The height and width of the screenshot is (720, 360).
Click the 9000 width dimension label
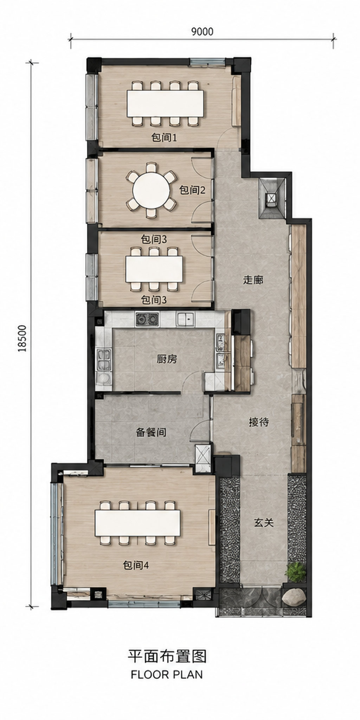click(x=202, y=32)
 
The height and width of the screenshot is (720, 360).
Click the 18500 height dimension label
click(x=22, y=338)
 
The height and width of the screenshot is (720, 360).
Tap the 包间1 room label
click(x=163, y=137)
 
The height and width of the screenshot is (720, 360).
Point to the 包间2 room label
click(x=192, y=190)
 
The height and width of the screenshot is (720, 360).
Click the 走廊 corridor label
click(x=253, y=280)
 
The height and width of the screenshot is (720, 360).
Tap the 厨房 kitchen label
click(x=167, y=359)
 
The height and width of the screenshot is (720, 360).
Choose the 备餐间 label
click(x=151, y=432)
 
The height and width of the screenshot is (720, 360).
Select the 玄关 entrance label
click(x=264, y=523)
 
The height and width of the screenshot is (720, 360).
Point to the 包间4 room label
click(x=136, y=565)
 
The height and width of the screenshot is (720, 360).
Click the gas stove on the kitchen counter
click(x=147, y=319)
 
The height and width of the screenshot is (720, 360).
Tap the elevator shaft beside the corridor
click(x=272, y=199)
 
